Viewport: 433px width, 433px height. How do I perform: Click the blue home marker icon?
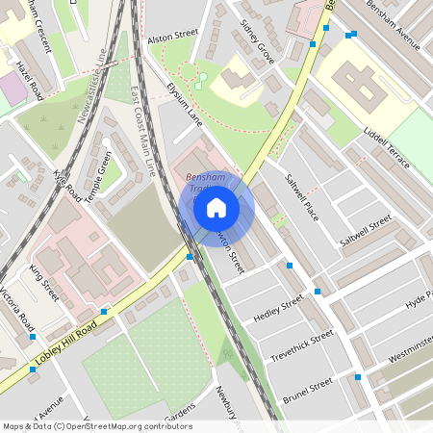216,207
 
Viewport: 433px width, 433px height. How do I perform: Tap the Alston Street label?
172,37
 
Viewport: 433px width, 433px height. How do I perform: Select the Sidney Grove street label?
258,41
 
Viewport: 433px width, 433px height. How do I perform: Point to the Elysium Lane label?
184,105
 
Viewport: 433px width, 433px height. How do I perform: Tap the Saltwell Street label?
367,232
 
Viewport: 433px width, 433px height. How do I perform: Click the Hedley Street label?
278,310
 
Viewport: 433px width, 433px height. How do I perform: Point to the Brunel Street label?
307,389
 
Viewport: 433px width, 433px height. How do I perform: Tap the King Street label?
44,283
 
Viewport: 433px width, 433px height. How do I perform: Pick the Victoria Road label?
16,306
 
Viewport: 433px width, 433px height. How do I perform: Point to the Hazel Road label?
30,81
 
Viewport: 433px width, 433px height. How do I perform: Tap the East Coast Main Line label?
141,135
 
